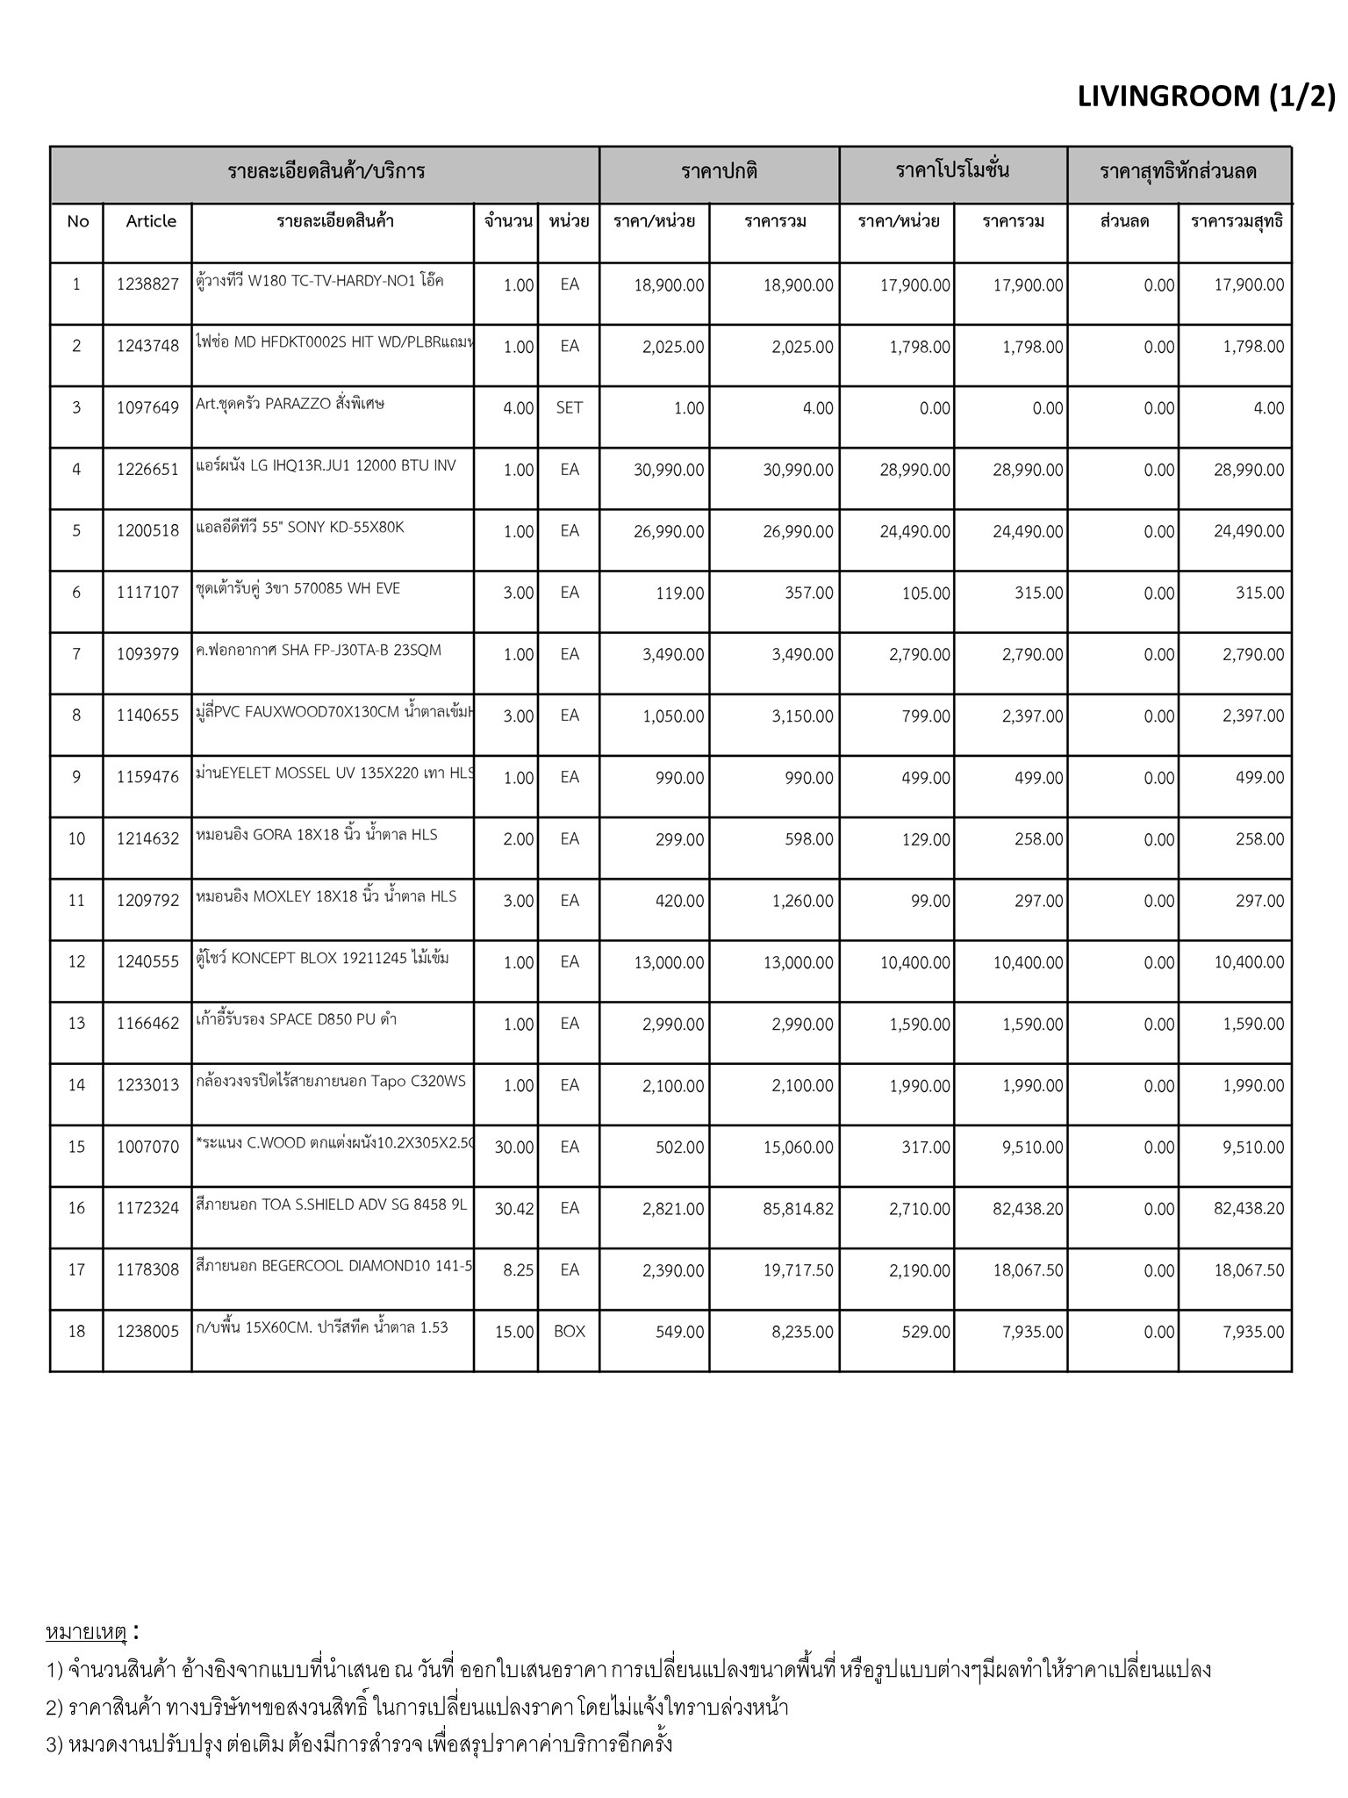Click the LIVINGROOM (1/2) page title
click(1205, 96)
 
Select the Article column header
click(151, 221)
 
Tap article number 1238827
click(147, 284)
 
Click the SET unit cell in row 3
click(569, 408)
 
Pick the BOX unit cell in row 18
click(569, 1332)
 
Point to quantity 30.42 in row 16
click(513, 1209)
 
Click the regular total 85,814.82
click(798, 1209)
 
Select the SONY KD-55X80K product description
click(300, 528)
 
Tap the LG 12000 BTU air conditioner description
click(326, 466)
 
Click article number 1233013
click(147, 1086)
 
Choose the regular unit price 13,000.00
click(669, 963)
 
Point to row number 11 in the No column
click(76, 901)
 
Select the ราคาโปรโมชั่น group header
click(952, 171)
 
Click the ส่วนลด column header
click(1123, 221)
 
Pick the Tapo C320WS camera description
click(331, 1082)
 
